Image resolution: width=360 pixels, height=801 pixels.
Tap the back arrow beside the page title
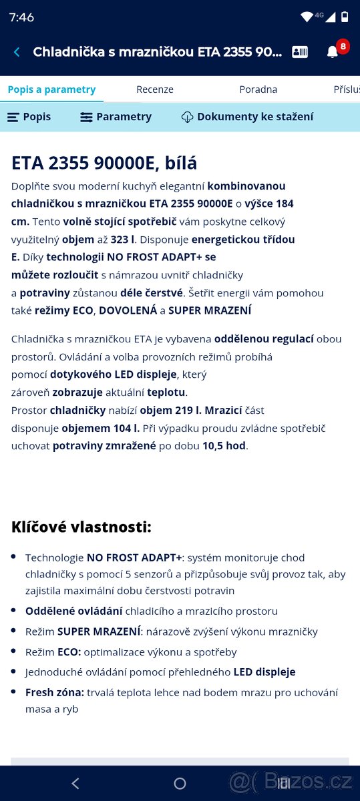coord(17,52)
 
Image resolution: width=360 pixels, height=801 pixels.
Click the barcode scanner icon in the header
coord(300,52)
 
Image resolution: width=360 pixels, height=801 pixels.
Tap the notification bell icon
coord(332,52)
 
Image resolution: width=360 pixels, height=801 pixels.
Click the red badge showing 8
coord(343,46)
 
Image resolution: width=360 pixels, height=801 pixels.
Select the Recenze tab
coord(155,89)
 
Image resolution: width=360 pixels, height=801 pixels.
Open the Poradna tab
coord(258,89)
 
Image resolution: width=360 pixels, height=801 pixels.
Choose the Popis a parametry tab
coord(51,89)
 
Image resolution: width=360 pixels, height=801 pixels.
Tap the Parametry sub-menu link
coord(116,117)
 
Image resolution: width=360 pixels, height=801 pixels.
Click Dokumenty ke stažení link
coord(254,117)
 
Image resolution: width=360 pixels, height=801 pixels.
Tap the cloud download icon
coord(187,117)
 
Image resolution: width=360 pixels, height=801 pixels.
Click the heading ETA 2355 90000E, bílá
coord(104,163)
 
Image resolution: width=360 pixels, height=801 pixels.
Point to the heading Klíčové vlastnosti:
coord(81,527)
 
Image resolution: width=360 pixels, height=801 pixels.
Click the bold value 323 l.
coord(123,239)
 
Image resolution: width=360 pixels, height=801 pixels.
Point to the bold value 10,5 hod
coord(225,446)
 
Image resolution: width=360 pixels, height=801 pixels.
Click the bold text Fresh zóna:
coord(55,692)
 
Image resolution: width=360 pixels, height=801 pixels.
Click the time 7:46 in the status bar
coord(21,17)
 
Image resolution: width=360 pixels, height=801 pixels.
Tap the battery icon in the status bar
coord(345,17)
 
